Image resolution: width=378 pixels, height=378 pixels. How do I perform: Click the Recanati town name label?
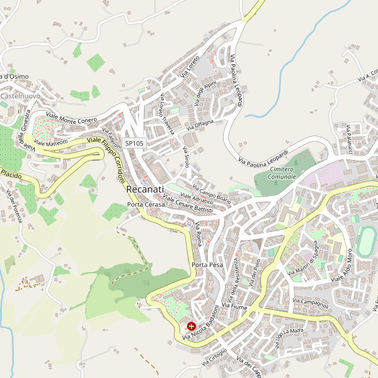tap(145, 189)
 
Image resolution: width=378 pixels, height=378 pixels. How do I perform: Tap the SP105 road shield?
tap(134, 144)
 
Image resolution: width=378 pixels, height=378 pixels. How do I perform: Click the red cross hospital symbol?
tap(191, 327)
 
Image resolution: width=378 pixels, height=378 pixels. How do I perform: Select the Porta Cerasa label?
tap(146, 205)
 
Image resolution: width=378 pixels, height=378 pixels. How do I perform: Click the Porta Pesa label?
tap(208, 265)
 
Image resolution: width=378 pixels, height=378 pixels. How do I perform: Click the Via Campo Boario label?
tap(212, 193)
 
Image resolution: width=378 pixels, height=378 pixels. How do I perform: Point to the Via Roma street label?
tap(200, 234)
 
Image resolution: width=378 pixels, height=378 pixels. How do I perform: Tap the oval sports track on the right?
tap(365, 241)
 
